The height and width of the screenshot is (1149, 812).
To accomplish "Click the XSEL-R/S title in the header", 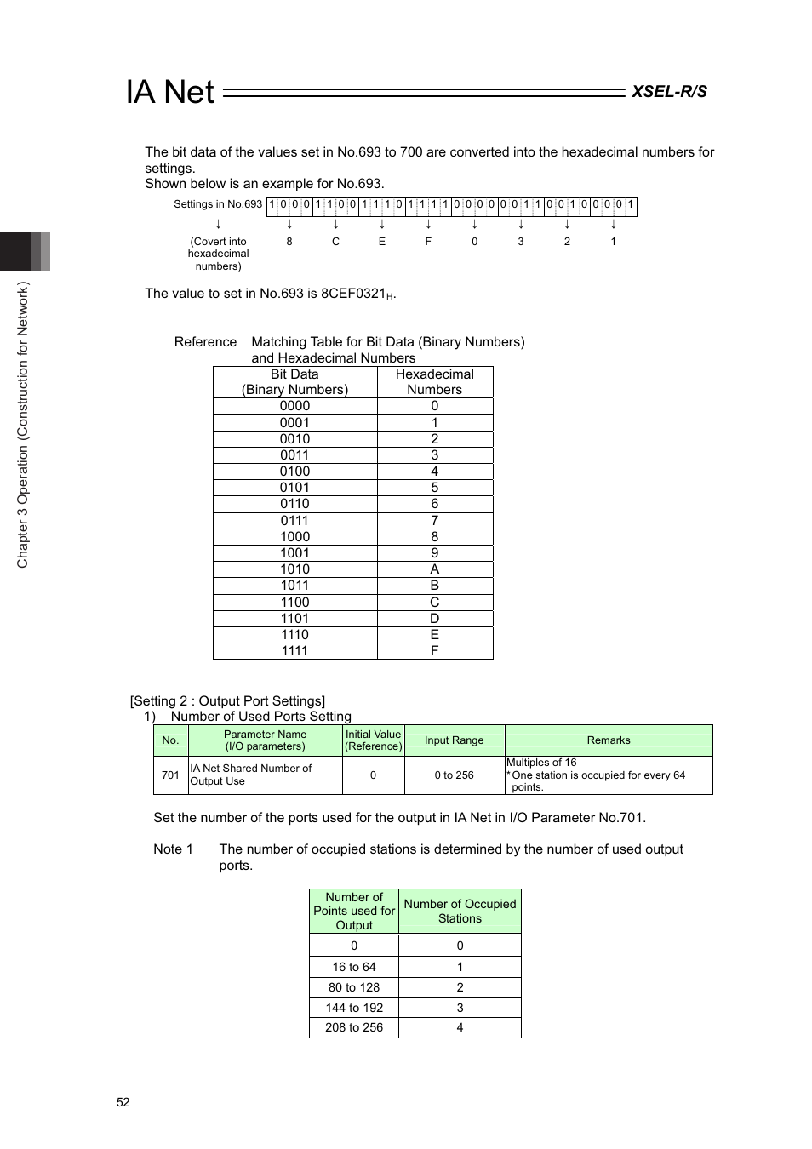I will point(669,92).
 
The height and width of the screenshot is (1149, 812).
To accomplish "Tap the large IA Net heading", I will point(170,92).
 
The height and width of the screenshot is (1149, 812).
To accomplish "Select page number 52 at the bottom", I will point(123,1102).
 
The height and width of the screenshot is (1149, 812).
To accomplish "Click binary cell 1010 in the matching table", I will point(294,569).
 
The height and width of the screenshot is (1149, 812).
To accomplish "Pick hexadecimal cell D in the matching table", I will point(434,619).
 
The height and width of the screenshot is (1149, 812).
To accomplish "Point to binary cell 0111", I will point(294,521).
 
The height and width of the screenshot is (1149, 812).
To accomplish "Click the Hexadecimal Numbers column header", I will point(434,382).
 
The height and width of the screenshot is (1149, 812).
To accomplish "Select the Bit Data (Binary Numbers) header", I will point(294,382).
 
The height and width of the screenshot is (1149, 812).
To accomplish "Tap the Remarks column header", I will point(609,740).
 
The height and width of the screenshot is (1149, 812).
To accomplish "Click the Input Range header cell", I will point(454,740).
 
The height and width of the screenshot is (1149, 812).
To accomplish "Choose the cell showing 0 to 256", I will point(454,775).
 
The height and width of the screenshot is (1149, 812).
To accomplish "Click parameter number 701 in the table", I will point(170,775).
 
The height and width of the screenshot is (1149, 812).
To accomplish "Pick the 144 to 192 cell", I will point(354,1008).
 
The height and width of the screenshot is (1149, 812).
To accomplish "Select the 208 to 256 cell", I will point(354,1027).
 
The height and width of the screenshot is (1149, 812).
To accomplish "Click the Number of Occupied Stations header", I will point(460,912).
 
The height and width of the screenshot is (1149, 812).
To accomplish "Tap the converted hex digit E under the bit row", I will point(382,242).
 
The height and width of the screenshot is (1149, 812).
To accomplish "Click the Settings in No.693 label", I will point(218,204).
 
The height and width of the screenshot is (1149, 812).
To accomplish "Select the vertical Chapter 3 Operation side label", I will point(23,425).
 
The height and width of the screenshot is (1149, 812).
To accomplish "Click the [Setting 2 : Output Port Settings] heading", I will point(227,701).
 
